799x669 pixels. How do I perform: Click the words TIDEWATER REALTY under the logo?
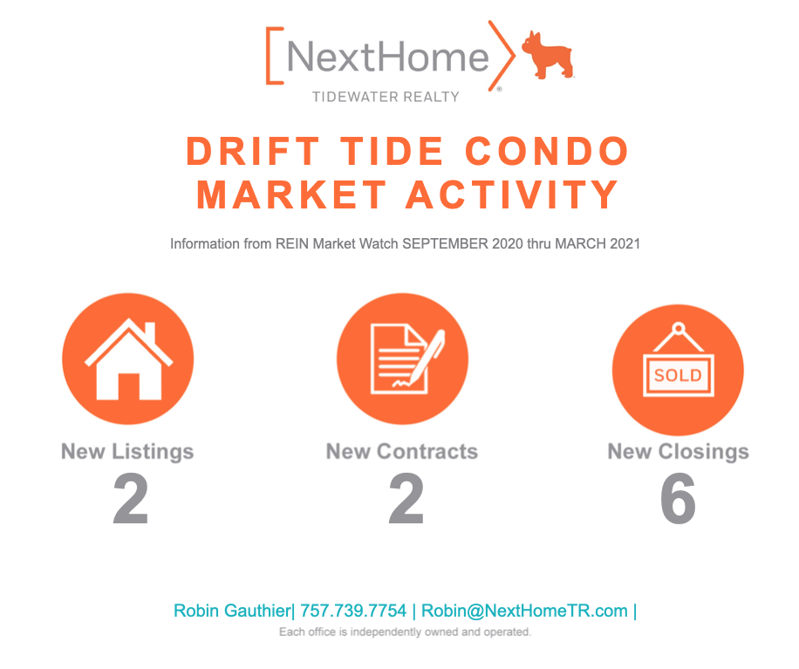pyautogui.click(x=386, y=97)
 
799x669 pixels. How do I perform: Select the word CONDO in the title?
pyautogui.click(x=547, y=152)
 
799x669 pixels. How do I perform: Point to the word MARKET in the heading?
pyautogui.click(x=283, y=194)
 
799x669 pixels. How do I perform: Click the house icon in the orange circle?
pyautogui.click(x=127, y=359)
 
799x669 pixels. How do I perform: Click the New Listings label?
pyautogui.click(x=127, y=452)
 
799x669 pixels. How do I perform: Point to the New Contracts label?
pyautogui.click(x=402, y=452)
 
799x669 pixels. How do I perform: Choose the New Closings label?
pyautogui.click(x=678, y=452)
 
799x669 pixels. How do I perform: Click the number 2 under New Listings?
pyautogui.click(x=131, y=501)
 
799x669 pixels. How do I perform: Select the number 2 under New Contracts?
pyautogui.click(x=406, y=501)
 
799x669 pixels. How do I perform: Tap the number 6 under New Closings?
pyautogui.click(x=678, y=501)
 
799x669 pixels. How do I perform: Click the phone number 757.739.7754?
pyautogui.click(x=353, y=611)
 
